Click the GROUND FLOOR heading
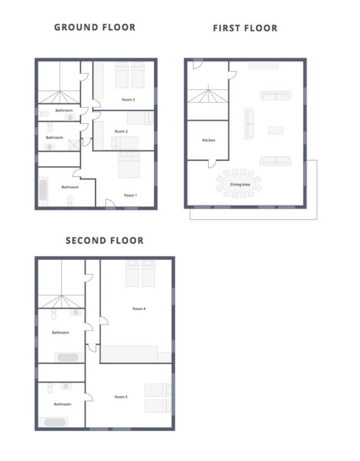pos(95,27)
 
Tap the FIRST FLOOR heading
pos(245,28)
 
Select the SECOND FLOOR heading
pos(105,240)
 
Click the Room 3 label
pos(128,99)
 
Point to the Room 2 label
pos(121,131)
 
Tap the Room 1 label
pos(130,195)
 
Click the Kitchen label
pos(209,140)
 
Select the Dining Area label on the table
pos(240,185)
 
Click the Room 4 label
pos(139,309)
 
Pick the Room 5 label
pos(121,397)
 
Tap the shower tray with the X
pos(74,145)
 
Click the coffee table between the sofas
pos(275,130)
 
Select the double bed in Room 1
pos(129,165)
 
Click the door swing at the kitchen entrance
pos(213,164)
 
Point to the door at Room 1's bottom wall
pos(110,203)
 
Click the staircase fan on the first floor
pos(208,94)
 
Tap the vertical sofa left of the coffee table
pos(249,124)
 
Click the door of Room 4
pos(104,321)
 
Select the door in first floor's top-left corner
pos(198,64)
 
